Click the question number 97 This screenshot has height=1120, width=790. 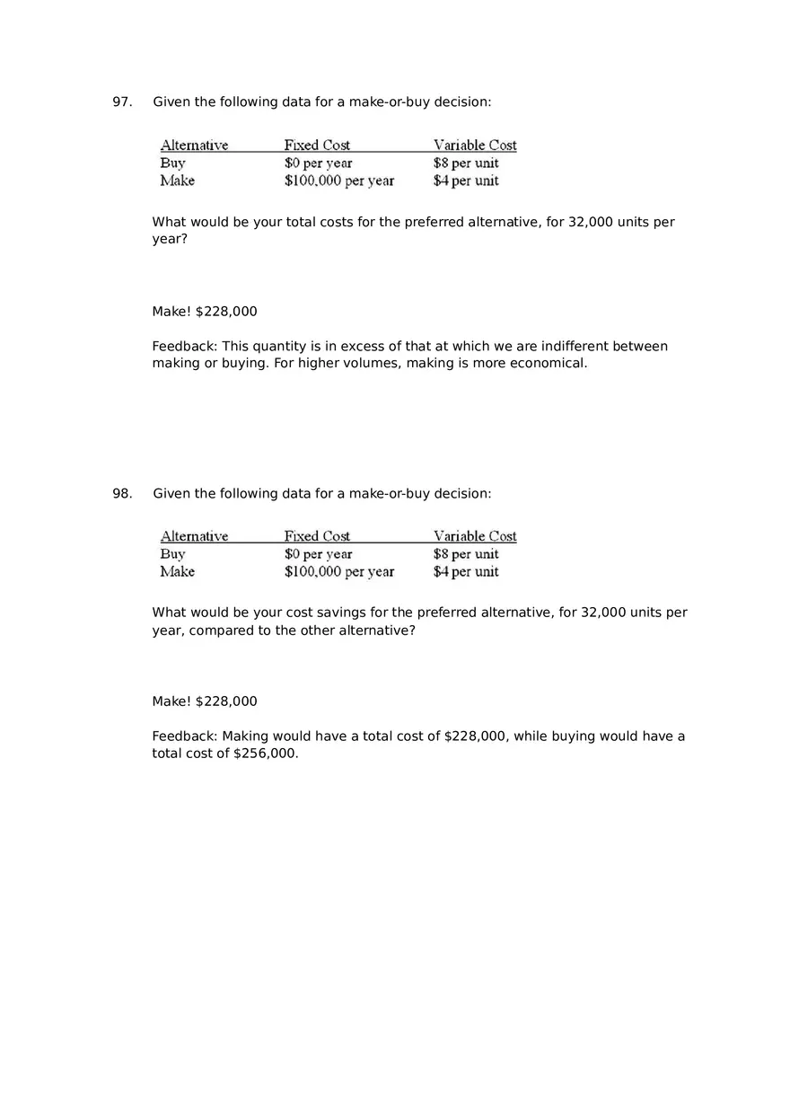121,102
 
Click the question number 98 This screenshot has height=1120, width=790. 121,493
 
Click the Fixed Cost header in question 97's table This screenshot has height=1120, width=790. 317,146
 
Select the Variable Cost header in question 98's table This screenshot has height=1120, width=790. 475,536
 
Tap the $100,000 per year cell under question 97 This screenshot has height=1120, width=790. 338,181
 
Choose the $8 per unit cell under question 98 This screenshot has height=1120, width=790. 466,554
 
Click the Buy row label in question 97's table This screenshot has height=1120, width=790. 172,163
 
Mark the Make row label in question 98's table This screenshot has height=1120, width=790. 177,572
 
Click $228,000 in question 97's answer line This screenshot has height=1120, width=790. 226,312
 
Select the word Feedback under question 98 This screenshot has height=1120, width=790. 184,736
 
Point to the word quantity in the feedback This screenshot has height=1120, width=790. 282,347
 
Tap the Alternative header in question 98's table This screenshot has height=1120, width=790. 194,536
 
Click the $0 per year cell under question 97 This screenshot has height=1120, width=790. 318,163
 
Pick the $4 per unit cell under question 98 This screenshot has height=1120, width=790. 466,572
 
